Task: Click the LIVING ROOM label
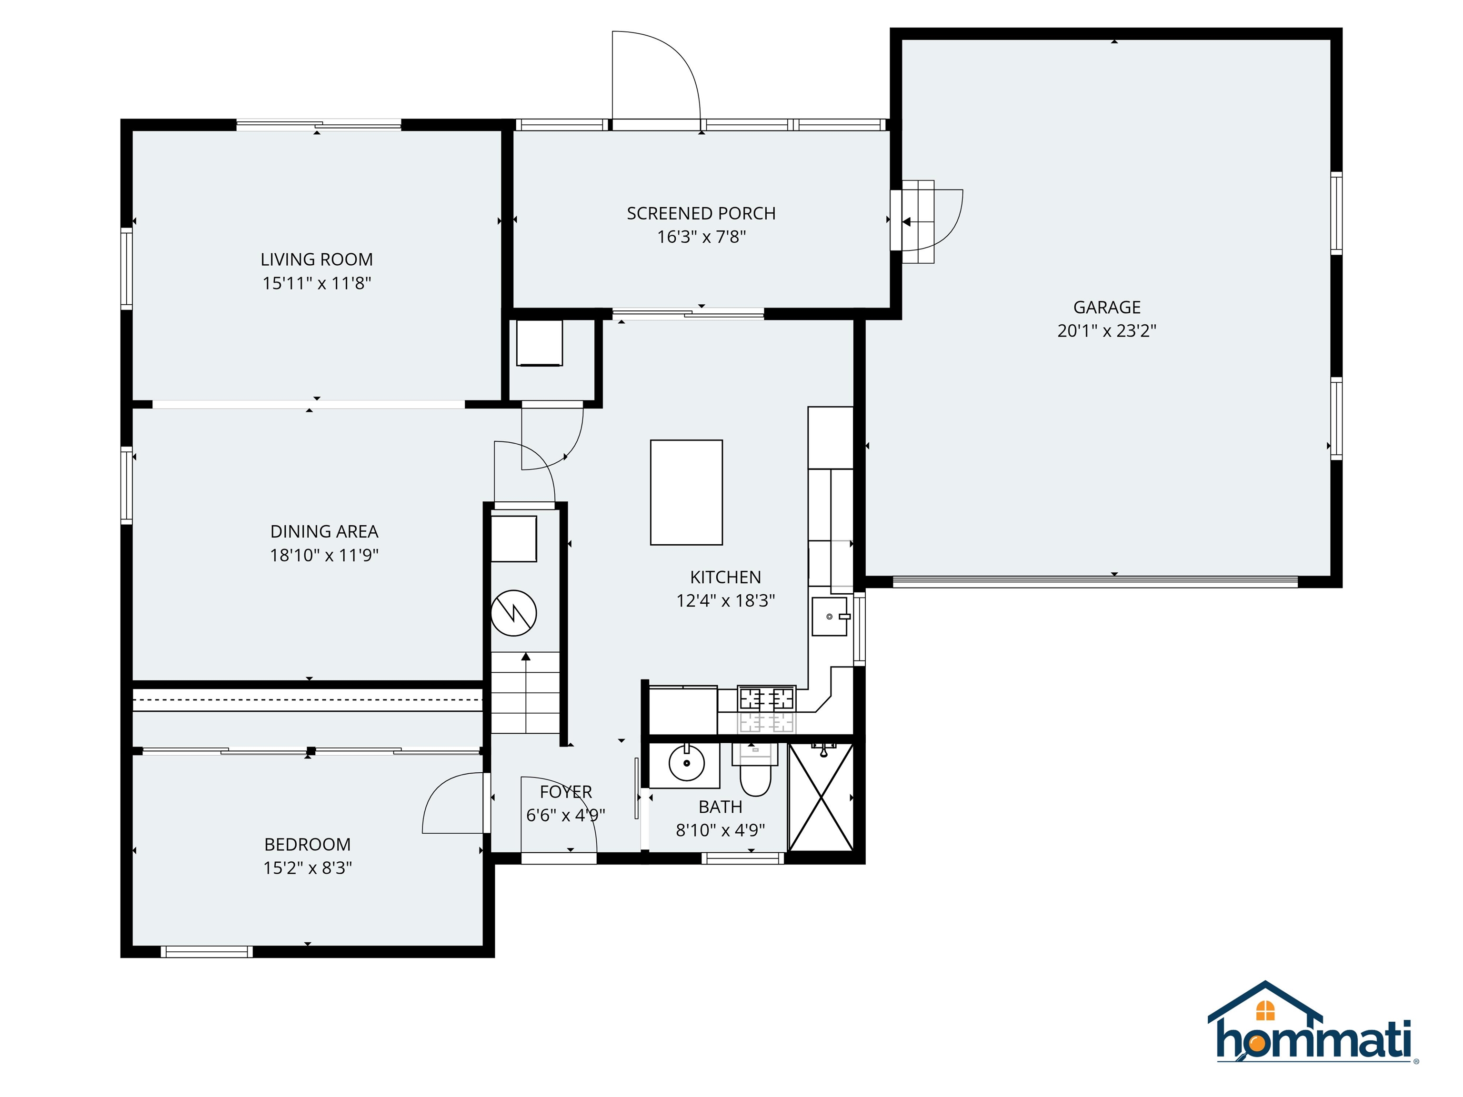coord(316,259)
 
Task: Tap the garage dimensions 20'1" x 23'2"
coord(1106,330)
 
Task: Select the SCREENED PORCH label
coord(701,214)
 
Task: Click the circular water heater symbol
coord(513,613)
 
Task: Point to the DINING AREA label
coord(324,532)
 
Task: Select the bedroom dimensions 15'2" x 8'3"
coord(308,868)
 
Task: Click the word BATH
coord(720,808)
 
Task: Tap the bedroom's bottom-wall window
coord(206,951)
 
